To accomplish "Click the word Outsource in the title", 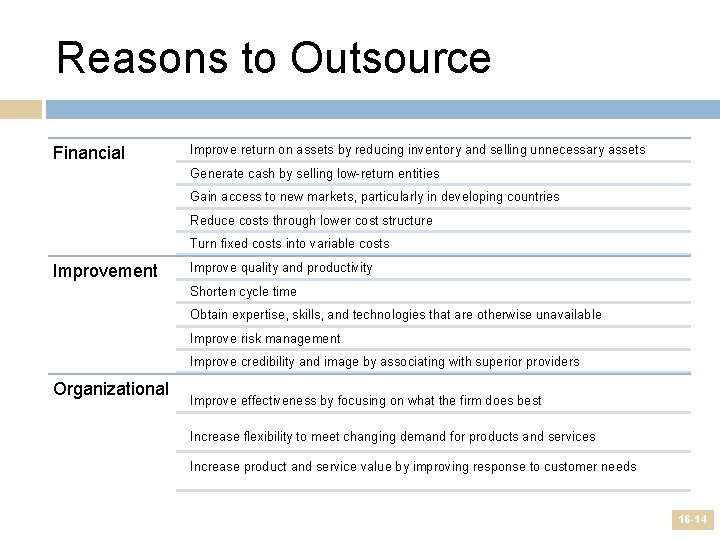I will click(x=391, y=58).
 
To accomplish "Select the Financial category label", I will click(x=89, y=153).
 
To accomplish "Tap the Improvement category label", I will click(x=105, y=271).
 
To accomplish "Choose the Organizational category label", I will click(x=111, y=388).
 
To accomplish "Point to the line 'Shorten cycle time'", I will click(x=243, y=291).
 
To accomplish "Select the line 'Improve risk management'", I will click(x=265, y=338).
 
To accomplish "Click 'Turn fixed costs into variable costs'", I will click(x=289, y=243).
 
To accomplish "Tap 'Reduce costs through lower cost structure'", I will click(x=311, y=220).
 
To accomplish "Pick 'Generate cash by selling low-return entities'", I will click(x=314, y=173).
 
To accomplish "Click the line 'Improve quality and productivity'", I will click(x=281, y=267).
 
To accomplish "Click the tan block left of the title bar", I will click(x=21, y=109).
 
